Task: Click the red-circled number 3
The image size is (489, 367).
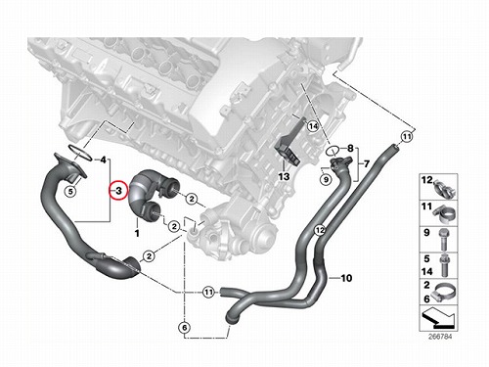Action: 118,190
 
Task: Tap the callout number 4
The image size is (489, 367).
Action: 103,160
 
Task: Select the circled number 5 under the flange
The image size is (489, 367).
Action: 70,191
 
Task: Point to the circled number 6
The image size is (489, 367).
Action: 185,327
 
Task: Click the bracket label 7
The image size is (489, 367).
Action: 367,163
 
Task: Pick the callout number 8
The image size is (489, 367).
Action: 350,149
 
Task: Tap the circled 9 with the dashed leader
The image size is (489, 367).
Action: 326,179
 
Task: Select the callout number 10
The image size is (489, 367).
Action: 346,278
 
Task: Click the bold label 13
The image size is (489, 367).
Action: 284,176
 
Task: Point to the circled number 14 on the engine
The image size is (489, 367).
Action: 313,126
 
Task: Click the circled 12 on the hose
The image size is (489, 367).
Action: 320,230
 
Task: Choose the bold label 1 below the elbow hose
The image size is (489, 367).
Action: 137,233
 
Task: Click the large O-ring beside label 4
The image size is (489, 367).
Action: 80,153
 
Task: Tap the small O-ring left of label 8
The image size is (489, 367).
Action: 332,151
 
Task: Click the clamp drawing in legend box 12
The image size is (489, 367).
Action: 444,190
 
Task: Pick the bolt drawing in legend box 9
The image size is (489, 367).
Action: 444,239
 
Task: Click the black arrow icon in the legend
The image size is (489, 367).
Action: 438,319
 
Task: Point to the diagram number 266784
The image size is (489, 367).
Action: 440,336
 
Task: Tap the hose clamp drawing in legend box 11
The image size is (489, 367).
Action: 444,214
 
